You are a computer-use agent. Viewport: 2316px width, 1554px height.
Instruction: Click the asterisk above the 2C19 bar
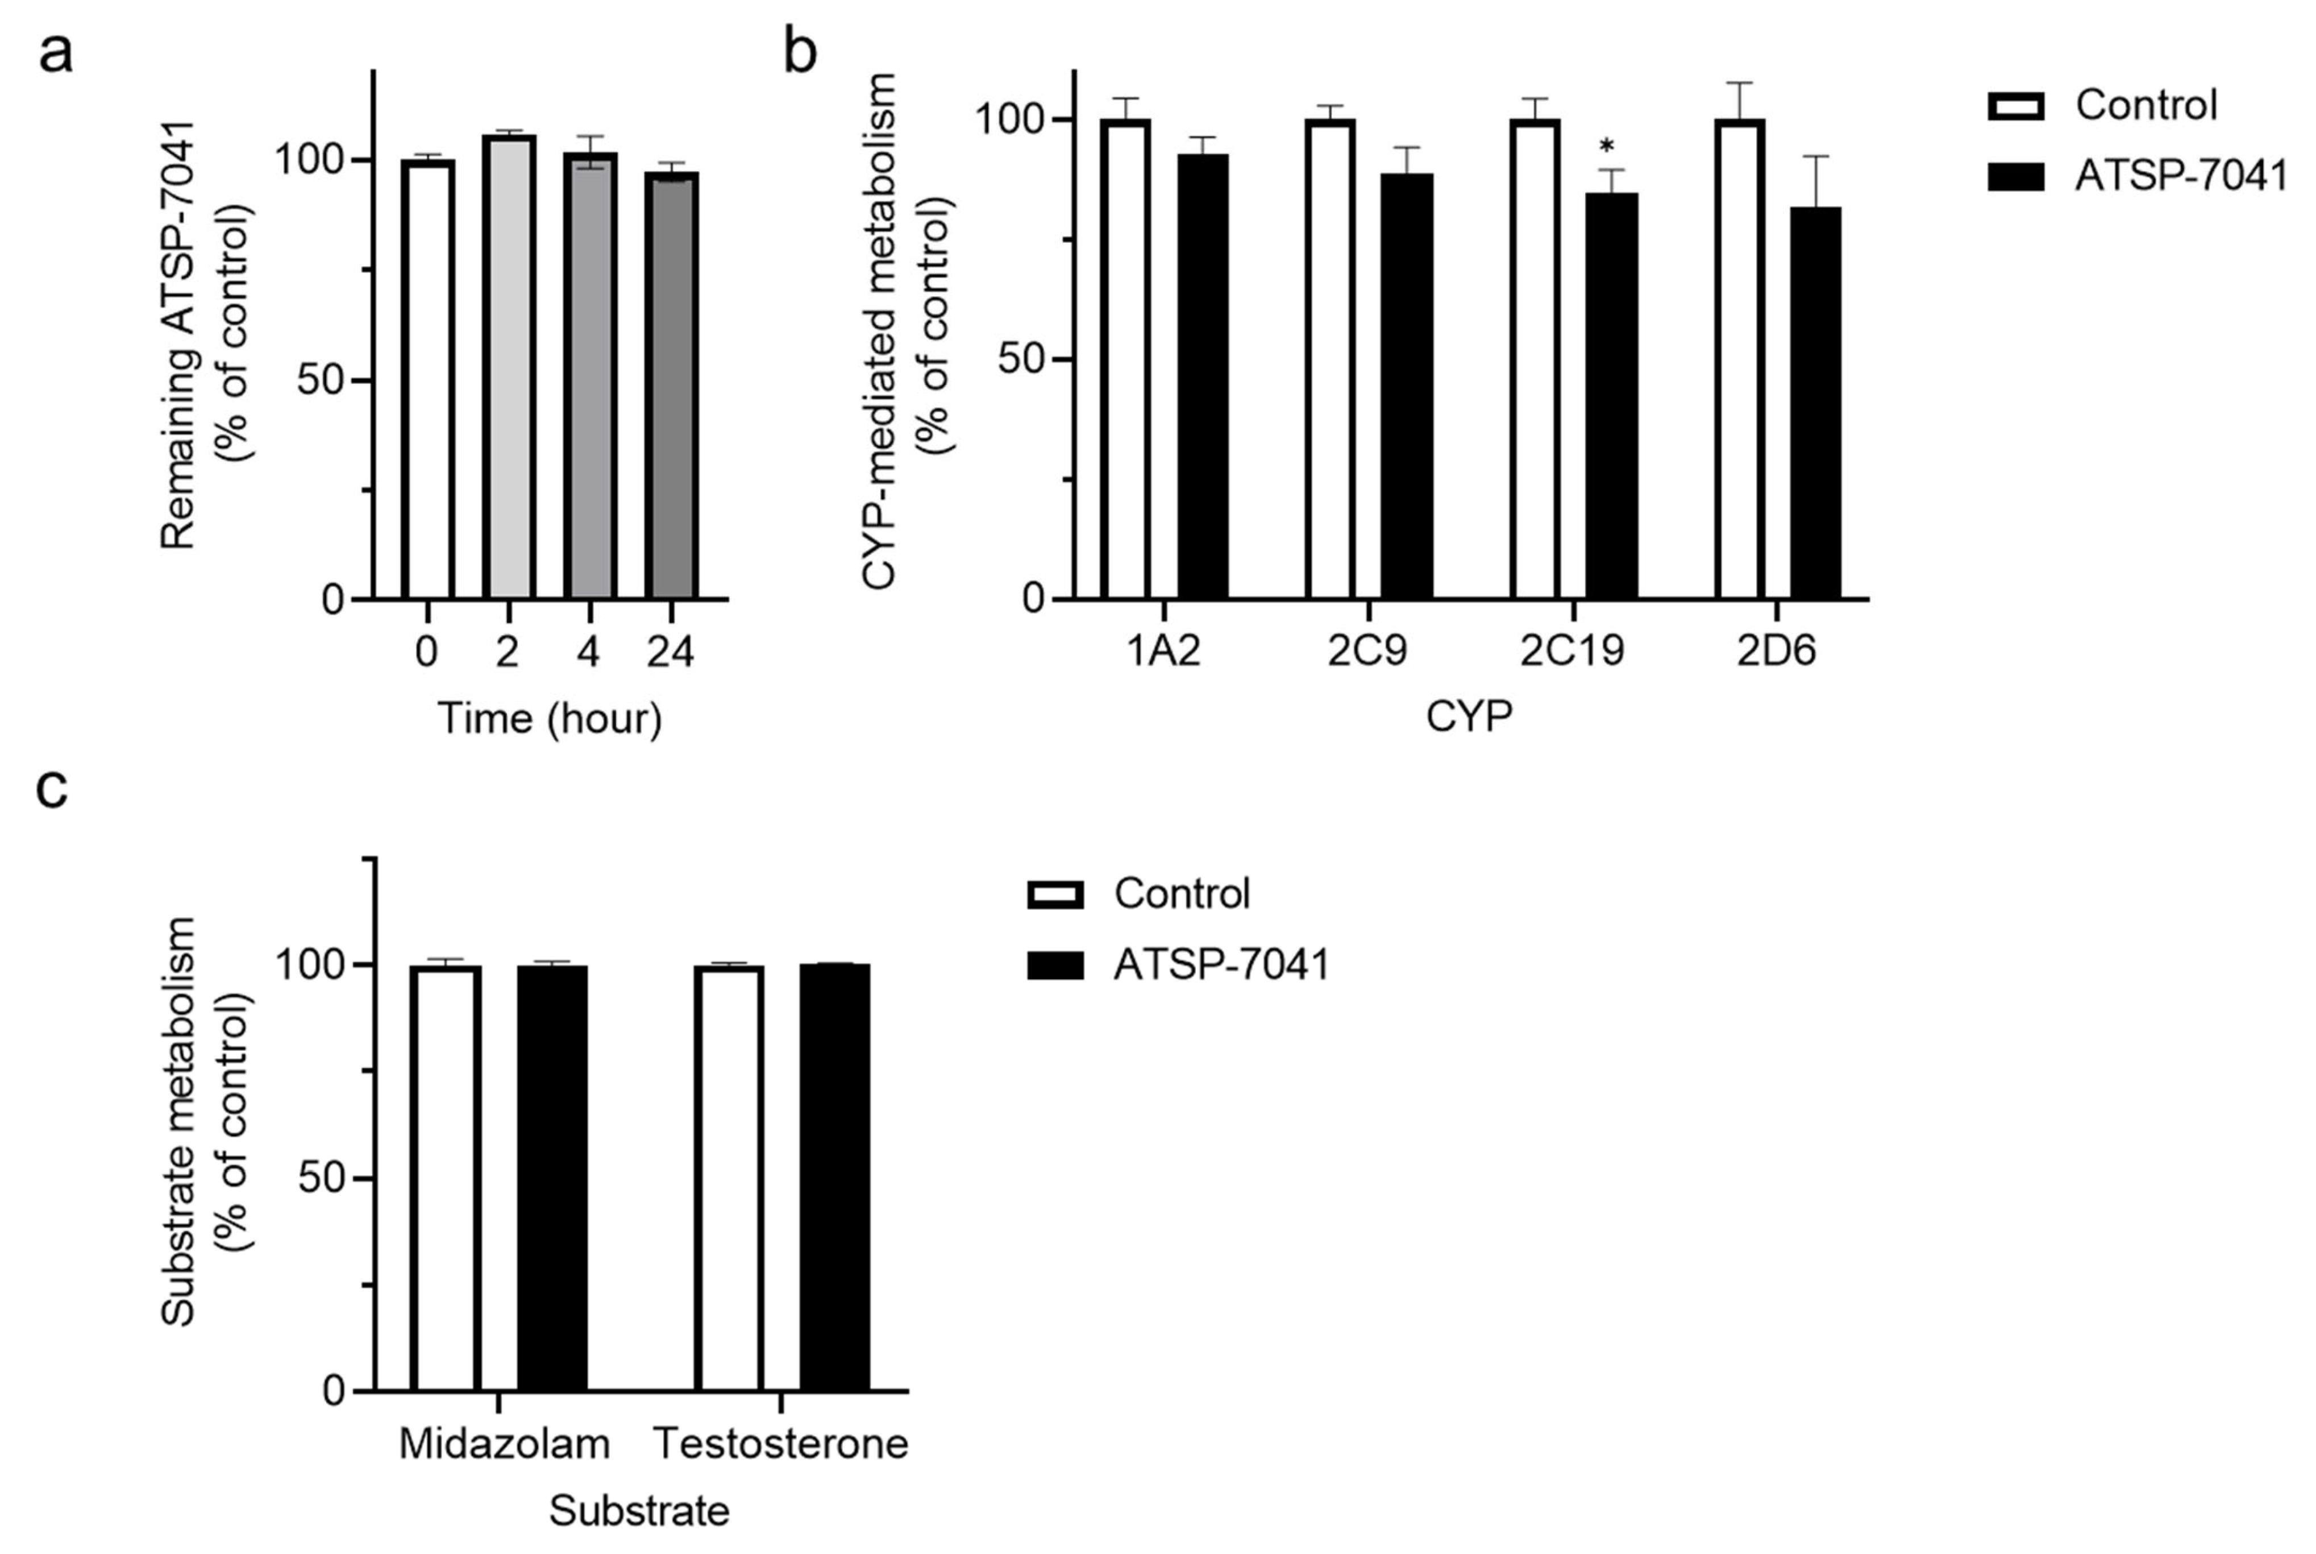tap(1606, 148)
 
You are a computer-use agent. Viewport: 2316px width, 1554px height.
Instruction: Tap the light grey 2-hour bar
tap(509, 367)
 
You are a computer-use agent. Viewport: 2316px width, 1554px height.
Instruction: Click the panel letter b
tap(800, 52)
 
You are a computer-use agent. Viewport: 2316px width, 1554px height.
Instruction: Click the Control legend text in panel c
tap(1182, 894)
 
